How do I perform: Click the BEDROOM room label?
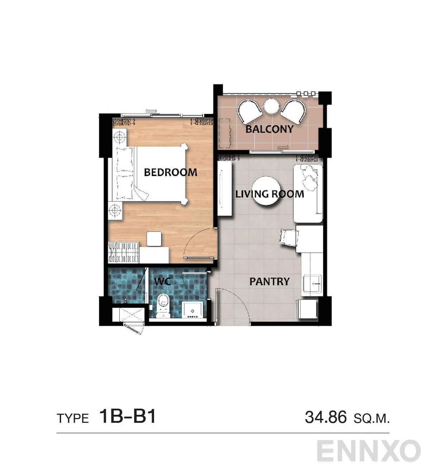170,172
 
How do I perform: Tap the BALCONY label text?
269,129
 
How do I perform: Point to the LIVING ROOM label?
269,194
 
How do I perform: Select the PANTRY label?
269,281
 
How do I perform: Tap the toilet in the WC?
163,306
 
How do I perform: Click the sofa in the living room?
308,193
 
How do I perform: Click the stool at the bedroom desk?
154,239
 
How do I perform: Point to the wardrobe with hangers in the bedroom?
124,253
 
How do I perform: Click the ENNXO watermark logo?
368,451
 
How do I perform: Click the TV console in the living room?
225,188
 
